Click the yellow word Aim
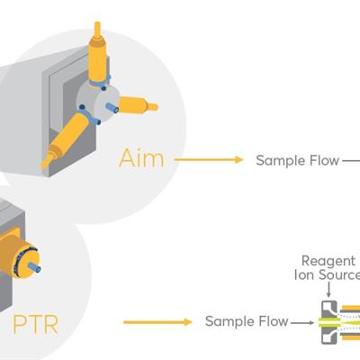coord(141,158)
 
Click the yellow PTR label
coord(36,324)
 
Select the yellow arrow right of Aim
coord(209,160)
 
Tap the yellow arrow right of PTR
coord(157,322)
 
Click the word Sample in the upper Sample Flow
coord(280,161)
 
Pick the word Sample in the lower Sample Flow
coord(229,322)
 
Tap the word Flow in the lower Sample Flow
coord(273,321)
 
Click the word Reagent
coord(328,262)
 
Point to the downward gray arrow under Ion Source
coord(328,291)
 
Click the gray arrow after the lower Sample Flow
coord(302,323)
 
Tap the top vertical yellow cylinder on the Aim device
coord(97,56)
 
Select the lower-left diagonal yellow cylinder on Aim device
coord(67,138)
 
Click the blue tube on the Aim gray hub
coord(112,107)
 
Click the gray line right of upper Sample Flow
coord(351,161)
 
